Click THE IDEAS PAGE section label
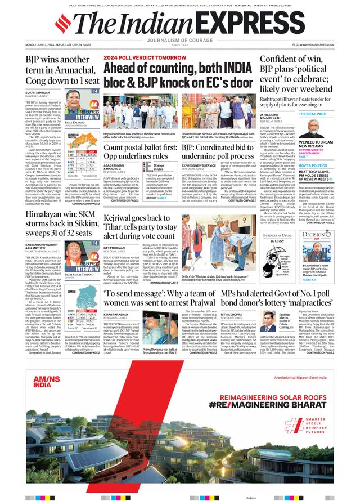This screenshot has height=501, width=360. (313, 114)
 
